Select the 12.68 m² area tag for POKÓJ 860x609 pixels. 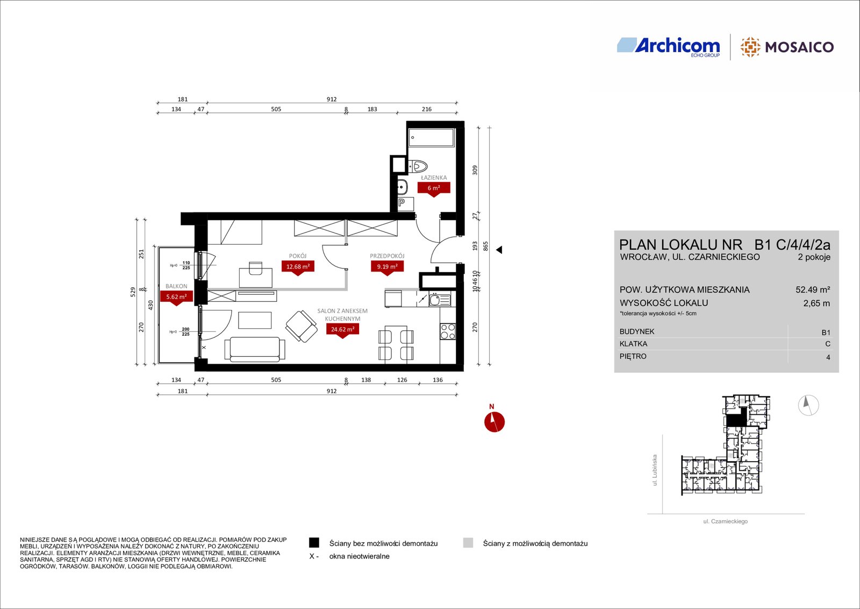click(298, 267)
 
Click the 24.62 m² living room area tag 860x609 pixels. click(342, 330)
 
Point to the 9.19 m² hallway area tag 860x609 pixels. click(387, 267)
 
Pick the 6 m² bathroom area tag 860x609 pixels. click(434, 189)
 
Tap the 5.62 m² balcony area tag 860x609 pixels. click(176, 298)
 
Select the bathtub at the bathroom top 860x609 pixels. click(431, 138)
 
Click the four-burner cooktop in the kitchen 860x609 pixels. click(448, 331)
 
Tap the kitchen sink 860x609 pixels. click(440, 299)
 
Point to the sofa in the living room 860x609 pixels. click(255, 349)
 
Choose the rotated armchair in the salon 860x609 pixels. click(302, 326)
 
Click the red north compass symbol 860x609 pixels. click(494, 422)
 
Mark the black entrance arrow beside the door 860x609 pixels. click(499, 250)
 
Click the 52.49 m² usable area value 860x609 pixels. click(813, 290)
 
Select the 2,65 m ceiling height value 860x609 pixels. click(816, 303)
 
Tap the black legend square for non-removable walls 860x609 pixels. click(314, 542)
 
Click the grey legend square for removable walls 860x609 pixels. click(468, 542)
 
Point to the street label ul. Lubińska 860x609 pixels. click(655, 470)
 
